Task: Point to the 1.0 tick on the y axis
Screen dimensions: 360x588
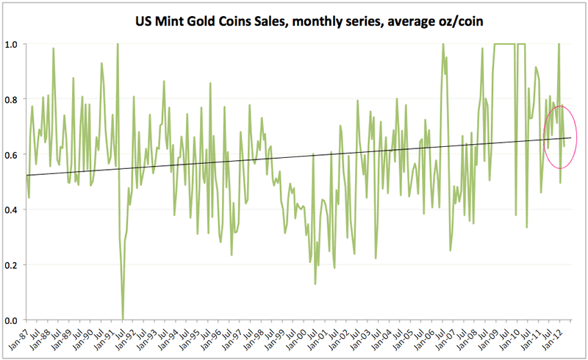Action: point(12,44)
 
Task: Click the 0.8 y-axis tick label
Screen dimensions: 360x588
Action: point(12,99)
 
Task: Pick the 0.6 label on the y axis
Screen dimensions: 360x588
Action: point(12,154)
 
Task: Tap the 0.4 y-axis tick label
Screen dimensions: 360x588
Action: point(12,209)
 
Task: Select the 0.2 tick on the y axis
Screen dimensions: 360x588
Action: point(12,264)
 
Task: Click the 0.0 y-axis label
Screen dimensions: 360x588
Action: point(12,320)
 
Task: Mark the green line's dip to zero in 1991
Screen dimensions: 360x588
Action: point(123,318)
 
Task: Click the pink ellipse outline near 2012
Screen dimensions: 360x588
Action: point(577,136)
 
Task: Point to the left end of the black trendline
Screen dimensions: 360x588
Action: point(27,175)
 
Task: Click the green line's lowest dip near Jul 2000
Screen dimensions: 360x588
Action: point(315,284)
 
